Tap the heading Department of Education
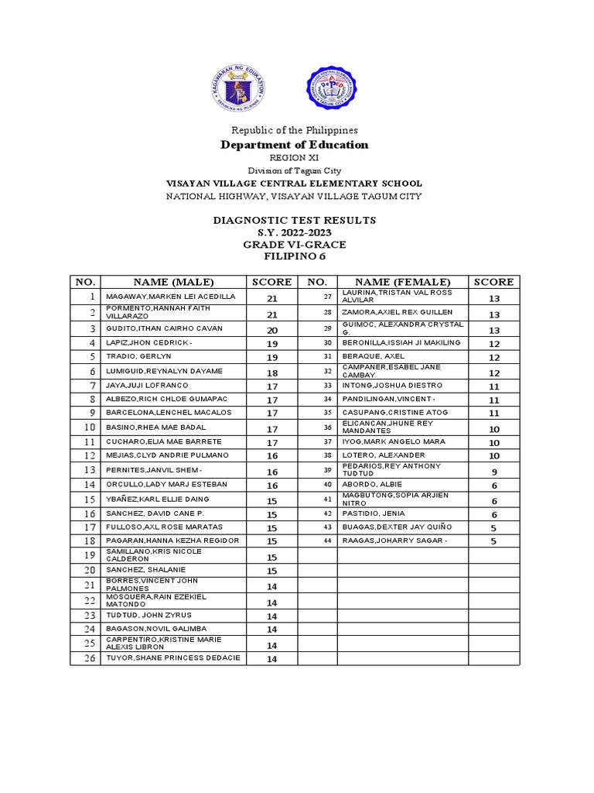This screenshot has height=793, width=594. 294,145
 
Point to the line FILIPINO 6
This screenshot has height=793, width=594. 294,257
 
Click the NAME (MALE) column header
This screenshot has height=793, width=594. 172,282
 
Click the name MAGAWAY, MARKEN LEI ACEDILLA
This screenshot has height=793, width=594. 164,297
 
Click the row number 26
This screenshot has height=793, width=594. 89,658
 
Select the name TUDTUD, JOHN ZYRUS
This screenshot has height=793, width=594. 140,615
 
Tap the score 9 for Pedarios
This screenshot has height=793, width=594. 493,472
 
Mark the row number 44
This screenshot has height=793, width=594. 327,541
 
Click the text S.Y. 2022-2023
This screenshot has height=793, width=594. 294,232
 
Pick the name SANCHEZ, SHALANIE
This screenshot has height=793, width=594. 137,571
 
